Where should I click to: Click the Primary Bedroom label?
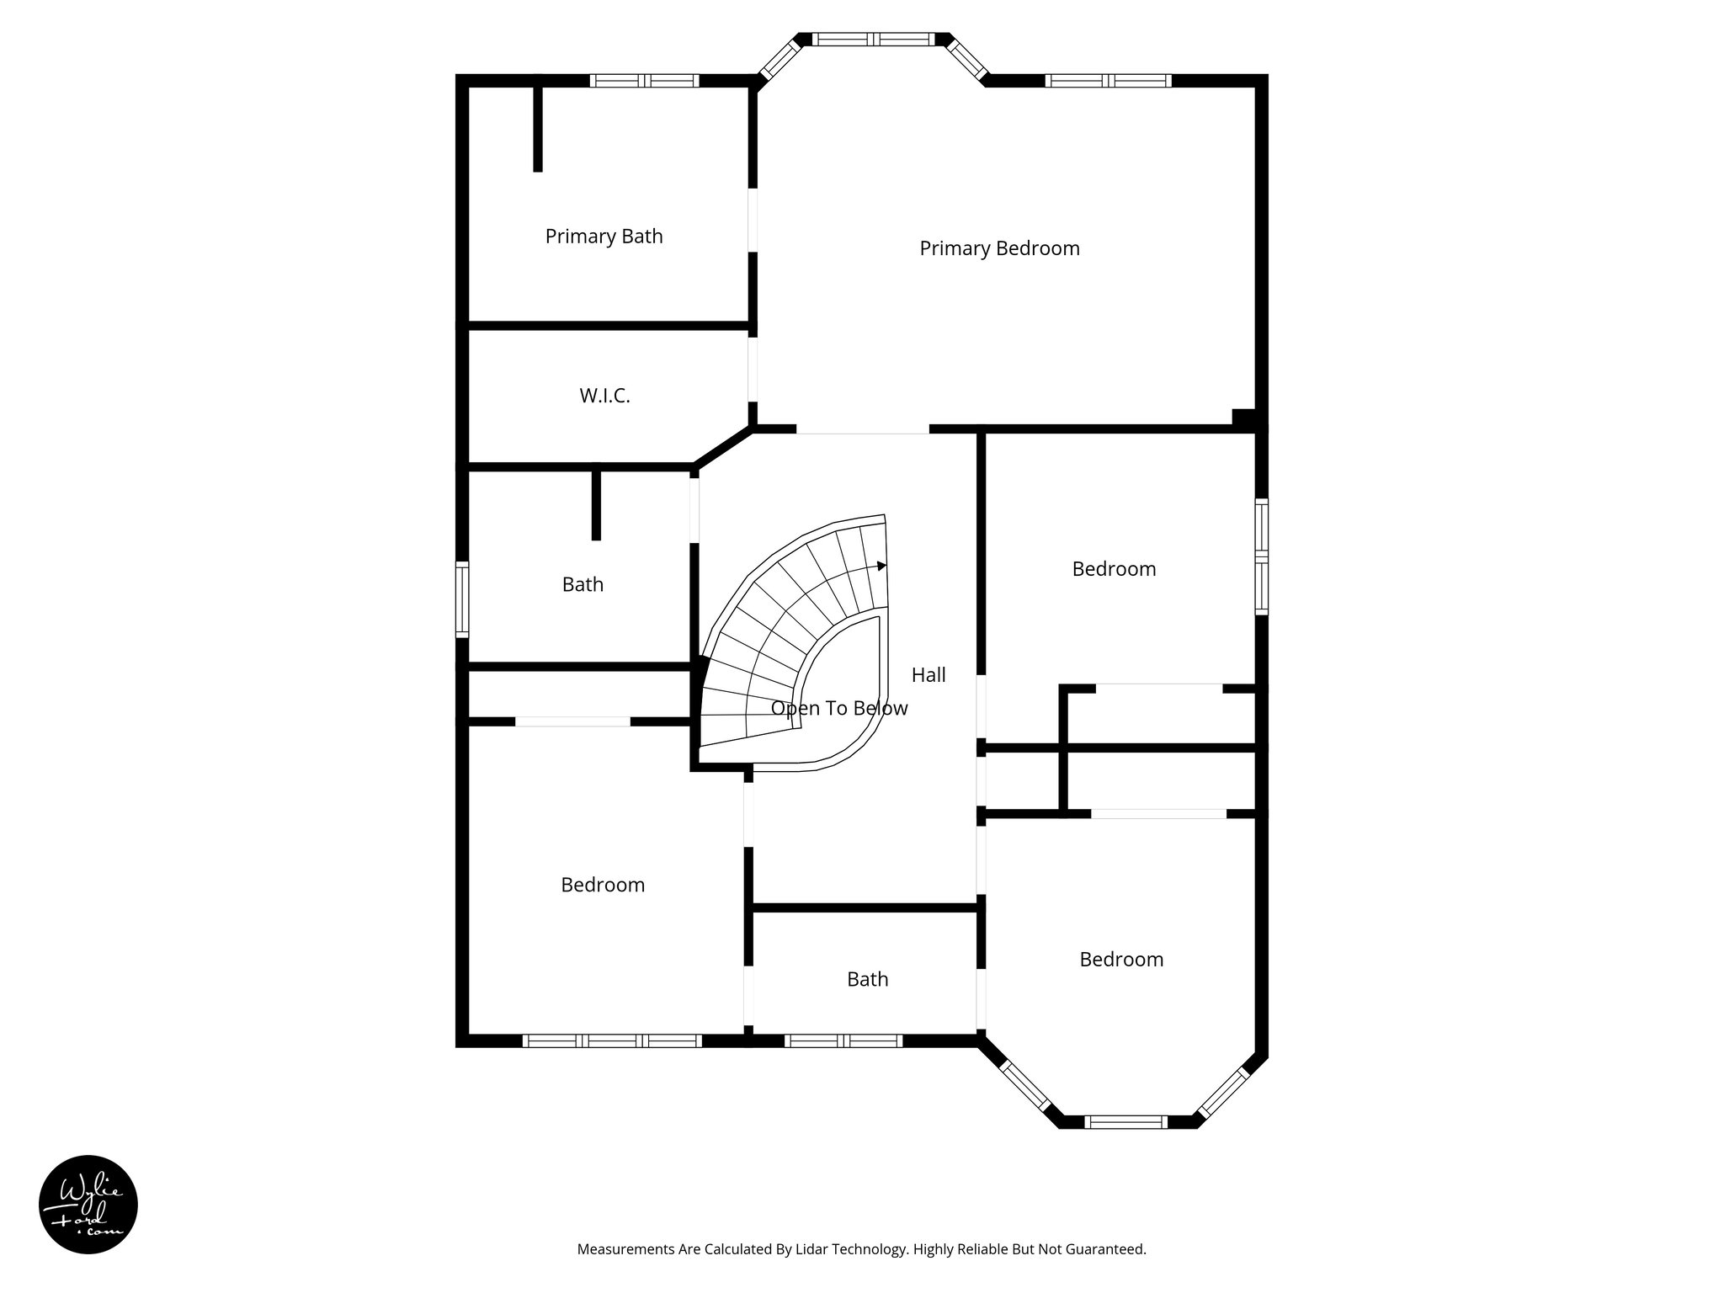click(999, 248)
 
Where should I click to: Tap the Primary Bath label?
click(604, 237)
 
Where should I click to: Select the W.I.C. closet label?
click(604, 396)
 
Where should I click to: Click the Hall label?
click(929, 674)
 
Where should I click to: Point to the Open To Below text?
click(839, 709)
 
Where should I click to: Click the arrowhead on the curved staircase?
click(881, 566)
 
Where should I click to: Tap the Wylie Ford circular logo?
click(88, 1204)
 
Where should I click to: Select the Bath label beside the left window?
click(583, 584)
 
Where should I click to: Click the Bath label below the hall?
click(867, 979)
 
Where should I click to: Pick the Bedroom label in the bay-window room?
click(1121, 960)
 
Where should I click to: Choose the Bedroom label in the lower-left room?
click(603, 885)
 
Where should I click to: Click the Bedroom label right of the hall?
click(1114, 569)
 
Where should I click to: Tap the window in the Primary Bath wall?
click(644, 81)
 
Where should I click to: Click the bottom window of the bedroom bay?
click(1126, 1121)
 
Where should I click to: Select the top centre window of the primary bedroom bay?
click(874, 39)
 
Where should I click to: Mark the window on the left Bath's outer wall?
click(461, 599)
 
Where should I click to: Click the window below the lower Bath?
click(843, 1041)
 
